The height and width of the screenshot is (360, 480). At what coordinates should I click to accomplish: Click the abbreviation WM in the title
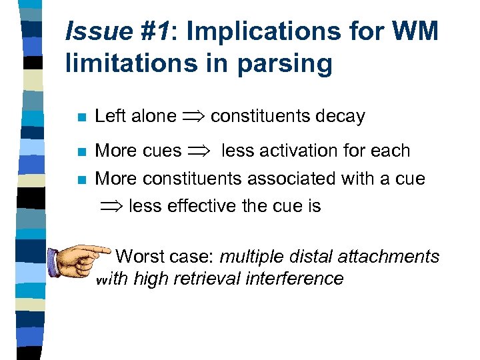coord(414,31)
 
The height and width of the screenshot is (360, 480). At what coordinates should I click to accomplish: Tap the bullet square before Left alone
coord(79,117)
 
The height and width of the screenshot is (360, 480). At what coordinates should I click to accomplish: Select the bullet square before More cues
coord(79,152)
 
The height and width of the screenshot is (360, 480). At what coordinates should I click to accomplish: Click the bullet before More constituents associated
coord(79,179)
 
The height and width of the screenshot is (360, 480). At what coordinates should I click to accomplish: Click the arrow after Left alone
coord(193,117)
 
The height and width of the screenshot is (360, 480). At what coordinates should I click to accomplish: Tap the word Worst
coord(141,256)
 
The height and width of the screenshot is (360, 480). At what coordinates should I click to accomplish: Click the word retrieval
coord(204,278)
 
